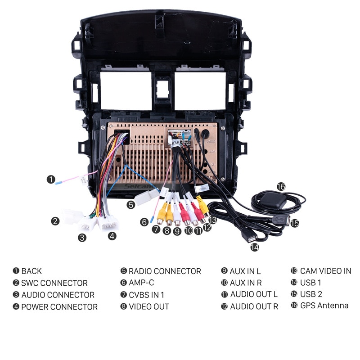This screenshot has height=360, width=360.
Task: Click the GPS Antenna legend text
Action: (x=324, y=306)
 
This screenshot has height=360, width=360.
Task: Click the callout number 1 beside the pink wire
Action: (x=51, y=179)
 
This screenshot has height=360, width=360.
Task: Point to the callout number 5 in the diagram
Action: (x=130, y=205)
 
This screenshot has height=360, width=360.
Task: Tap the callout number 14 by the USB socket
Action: (x=255, y=247)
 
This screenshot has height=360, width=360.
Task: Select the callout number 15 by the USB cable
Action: (x=295, y=223)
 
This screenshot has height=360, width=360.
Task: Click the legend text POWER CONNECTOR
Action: (x=59, y=307)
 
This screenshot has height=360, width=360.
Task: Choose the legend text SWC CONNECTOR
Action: (x=54, y=283)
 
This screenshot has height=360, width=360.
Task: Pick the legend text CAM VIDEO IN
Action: (x=325, y=271)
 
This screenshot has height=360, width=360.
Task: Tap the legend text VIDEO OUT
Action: (x=149, y=306)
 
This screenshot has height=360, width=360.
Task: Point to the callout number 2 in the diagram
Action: (x=55, y=221)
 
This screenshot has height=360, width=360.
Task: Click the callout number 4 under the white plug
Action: (x=112, y=235)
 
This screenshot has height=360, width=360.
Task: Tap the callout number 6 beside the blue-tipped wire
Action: (x=144, y=222)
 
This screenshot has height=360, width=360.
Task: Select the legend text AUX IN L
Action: (x=245, y=271)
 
